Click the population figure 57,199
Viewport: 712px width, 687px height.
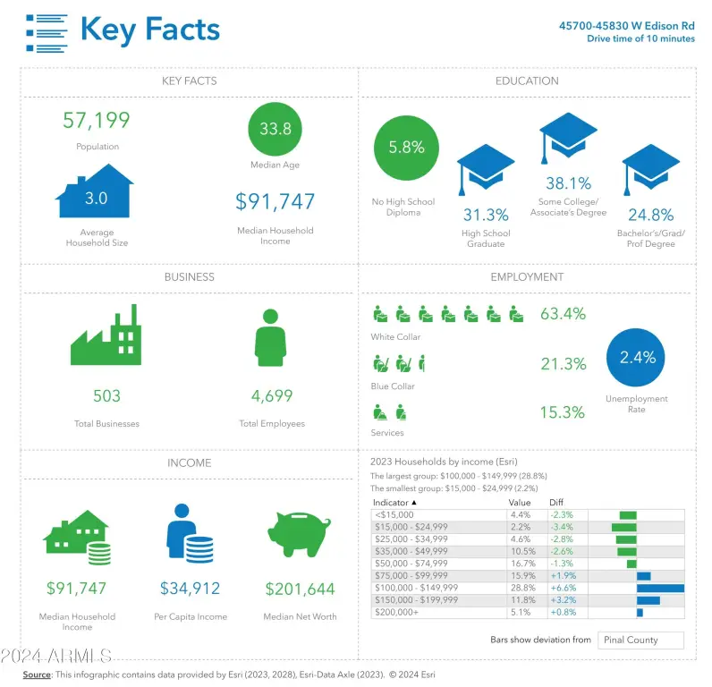[x=96, y=120]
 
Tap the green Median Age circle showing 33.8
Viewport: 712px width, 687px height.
[x=275, y=129]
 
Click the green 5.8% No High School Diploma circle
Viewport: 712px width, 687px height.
[x=406, y=148]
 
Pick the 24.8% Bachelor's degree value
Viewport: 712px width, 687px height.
[x=650, y=215]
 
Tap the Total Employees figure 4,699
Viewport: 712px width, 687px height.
[x=272, y=395]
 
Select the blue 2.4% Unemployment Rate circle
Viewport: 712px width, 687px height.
[x=637, y=357]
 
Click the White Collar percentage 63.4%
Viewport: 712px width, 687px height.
[x=563, y=313]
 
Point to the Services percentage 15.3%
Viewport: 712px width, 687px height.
[x=563, y=412]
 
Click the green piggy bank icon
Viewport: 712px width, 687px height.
[x=299, y=536]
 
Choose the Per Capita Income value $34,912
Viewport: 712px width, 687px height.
[x=190, y=589]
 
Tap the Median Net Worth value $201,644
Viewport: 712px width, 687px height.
[x=300, y=589]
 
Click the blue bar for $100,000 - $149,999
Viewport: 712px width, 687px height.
[x=660, y=588]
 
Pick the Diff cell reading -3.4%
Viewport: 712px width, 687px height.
[x=563, y=527]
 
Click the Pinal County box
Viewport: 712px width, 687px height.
[x=642, y=640]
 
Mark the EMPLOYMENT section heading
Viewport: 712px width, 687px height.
[x=527, y=277]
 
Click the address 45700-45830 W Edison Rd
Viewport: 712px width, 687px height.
[x=626, y=26]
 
